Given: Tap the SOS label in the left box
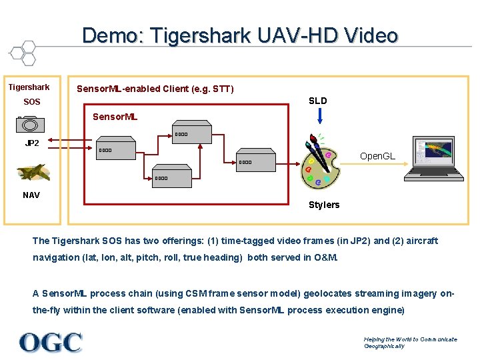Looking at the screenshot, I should [x=32, y=102].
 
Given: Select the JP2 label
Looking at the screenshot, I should [x=32, y=143].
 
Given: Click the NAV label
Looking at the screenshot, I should [x=31, y=195].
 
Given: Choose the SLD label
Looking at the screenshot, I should [x=318, y=101].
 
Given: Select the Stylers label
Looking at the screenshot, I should [x=324, y=205].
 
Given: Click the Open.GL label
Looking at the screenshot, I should [x=377, y=156].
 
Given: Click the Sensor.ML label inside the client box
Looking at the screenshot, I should [x=115, y=117].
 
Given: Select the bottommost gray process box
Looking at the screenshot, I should [x=171, y=173].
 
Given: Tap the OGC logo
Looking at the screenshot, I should [x=51, y=342].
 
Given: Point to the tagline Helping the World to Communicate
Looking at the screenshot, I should [x=410, y=339].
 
